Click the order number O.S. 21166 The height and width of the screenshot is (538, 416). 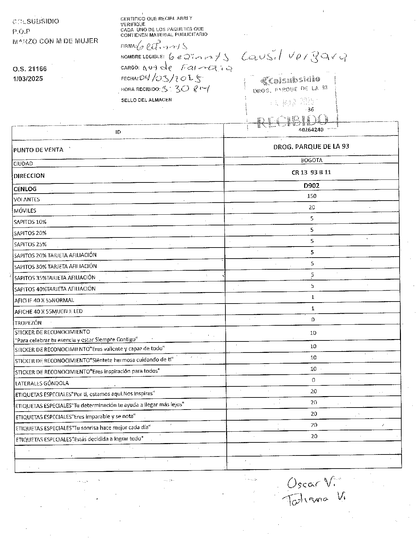(30, 69)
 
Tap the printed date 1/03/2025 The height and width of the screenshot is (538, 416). (28, 79)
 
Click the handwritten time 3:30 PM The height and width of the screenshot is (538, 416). (185, 89)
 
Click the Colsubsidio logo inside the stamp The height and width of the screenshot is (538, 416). (290, 80)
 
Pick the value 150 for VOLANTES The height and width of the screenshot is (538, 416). (311, 196)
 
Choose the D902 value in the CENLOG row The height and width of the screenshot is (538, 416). (311, 185)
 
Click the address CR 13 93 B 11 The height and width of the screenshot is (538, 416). (311, 172)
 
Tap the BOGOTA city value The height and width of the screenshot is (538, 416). (311, 160)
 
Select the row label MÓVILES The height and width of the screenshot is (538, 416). (25, 211)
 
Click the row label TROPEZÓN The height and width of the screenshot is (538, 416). (28, 323)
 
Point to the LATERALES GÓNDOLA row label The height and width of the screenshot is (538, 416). (42, 383)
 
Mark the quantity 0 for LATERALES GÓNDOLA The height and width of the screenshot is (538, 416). (314, 380)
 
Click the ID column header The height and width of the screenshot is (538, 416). (118, 132)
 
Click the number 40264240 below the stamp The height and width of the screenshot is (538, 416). (310, 130)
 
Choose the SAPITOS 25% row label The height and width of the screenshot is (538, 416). (30, 244)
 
